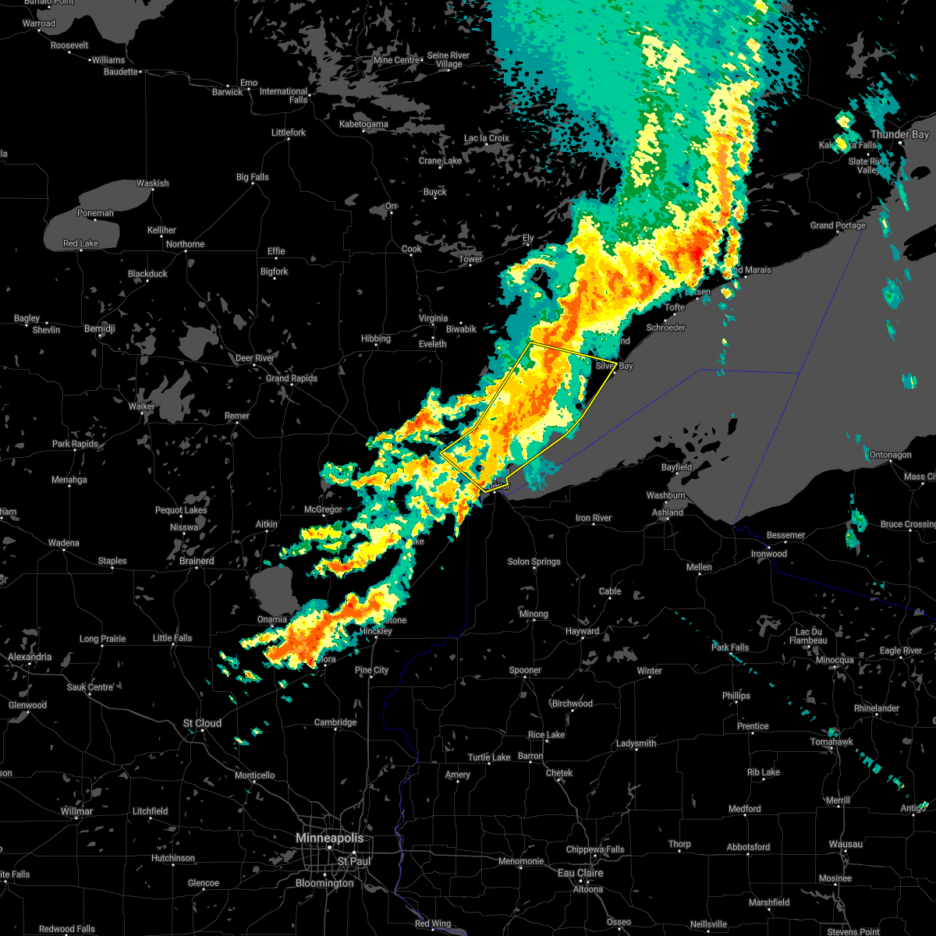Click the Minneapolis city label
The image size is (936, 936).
click(x=330, y=838)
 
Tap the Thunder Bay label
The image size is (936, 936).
click(x=899, y=134)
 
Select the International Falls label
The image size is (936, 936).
click(x=284, y=95)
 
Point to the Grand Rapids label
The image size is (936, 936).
click(x=292, y=378)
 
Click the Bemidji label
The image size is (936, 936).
click(x=99, y=329)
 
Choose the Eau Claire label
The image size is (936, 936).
click(x=580, y=873)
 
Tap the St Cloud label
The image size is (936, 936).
click(x=203, y=723)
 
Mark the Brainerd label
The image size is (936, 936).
click(x=197, y=561)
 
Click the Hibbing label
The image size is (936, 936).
click(x=376, y=339)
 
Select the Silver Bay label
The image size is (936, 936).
click(x=614, y=365)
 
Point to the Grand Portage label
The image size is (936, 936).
click(x=838, y=225)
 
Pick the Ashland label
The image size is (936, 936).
click(x=668, y=512)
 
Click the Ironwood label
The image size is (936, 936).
click(x=769, y=554)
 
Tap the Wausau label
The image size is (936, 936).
click(x=846, y=844)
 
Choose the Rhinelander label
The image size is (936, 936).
click(x=877, y=708)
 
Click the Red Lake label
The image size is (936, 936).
click(x=81, y=243)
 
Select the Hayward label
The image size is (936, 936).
click(x=582, y=631)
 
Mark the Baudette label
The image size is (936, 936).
click(x=121, y=72)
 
